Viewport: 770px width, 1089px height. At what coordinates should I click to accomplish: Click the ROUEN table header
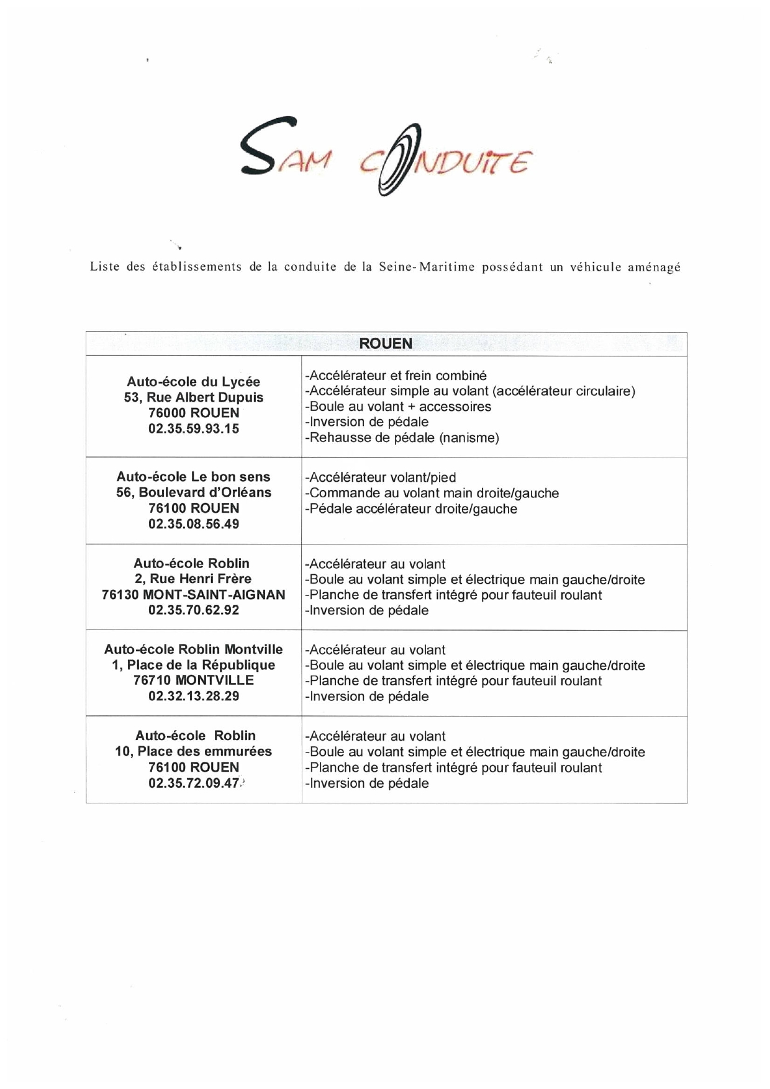[386, 343]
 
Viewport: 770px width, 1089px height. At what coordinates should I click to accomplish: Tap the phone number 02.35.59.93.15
[194, 428]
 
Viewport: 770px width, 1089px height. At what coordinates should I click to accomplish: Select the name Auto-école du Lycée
[194, 382]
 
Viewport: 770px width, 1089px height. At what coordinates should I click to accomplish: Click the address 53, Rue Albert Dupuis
[194, 397]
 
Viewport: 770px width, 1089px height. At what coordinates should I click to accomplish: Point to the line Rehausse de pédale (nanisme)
[402, 438]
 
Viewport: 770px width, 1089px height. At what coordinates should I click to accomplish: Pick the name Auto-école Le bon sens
[194, 477]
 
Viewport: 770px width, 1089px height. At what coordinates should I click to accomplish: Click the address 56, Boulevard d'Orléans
[194, 492]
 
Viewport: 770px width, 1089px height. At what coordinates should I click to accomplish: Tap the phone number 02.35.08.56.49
[194, 523]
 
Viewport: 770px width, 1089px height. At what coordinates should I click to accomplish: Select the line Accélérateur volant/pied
[381, 477]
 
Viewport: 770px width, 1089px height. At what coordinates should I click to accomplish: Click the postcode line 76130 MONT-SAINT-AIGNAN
[194, 594]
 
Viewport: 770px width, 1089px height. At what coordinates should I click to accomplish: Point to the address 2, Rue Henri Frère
[194, 579]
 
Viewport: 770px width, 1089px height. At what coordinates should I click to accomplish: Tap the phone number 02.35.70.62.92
[194, 610]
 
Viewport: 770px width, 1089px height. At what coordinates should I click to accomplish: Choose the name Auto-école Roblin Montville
[194, 649]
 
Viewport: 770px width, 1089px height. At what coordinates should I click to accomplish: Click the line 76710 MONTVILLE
[194, 680]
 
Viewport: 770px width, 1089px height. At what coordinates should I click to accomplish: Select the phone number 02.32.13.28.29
[194, 696]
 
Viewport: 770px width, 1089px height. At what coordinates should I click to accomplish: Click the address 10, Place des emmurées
[194, 751]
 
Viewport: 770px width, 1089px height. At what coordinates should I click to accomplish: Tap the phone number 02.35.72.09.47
[194, 783]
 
